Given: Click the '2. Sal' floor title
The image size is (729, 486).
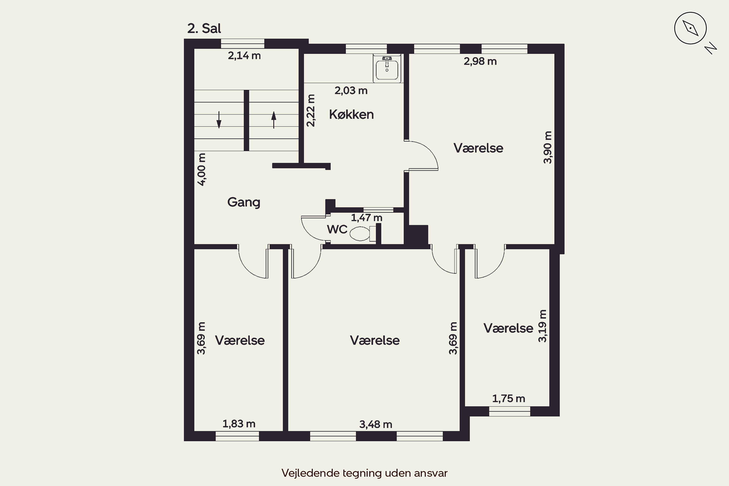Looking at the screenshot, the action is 204,28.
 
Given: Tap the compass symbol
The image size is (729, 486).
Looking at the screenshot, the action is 690,28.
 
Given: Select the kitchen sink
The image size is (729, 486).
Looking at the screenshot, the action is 387,69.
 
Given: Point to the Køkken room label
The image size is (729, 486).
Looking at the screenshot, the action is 351,115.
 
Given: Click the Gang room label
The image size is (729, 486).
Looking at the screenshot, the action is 244,202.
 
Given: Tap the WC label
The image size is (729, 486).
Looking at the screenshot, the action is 337,229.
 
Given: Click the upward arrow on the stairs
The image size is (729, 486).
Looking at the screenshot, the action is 274,120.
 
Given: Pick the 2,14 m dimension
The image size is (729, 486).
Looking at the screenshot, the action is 244,56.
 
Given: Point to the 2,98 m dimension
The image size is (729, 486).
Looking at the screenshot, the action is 480,61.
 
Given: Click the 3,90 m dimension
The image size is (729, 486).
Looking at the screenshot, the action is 548,147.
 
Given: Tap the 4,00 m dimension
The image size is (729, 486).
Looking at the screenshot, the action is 201,170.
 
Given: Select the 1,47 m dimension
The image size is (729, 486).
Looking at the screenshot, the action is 366,218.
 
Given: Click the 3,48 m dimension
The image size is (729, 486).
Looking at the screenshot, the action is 376,424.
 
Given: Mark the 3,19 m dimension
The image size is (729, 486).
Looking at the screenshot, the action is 542,326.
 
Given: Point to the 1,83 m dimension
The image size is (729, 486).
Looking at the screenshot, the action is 239,424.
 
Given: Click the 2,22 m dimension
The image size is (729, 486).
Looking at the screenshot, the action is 311,111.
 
